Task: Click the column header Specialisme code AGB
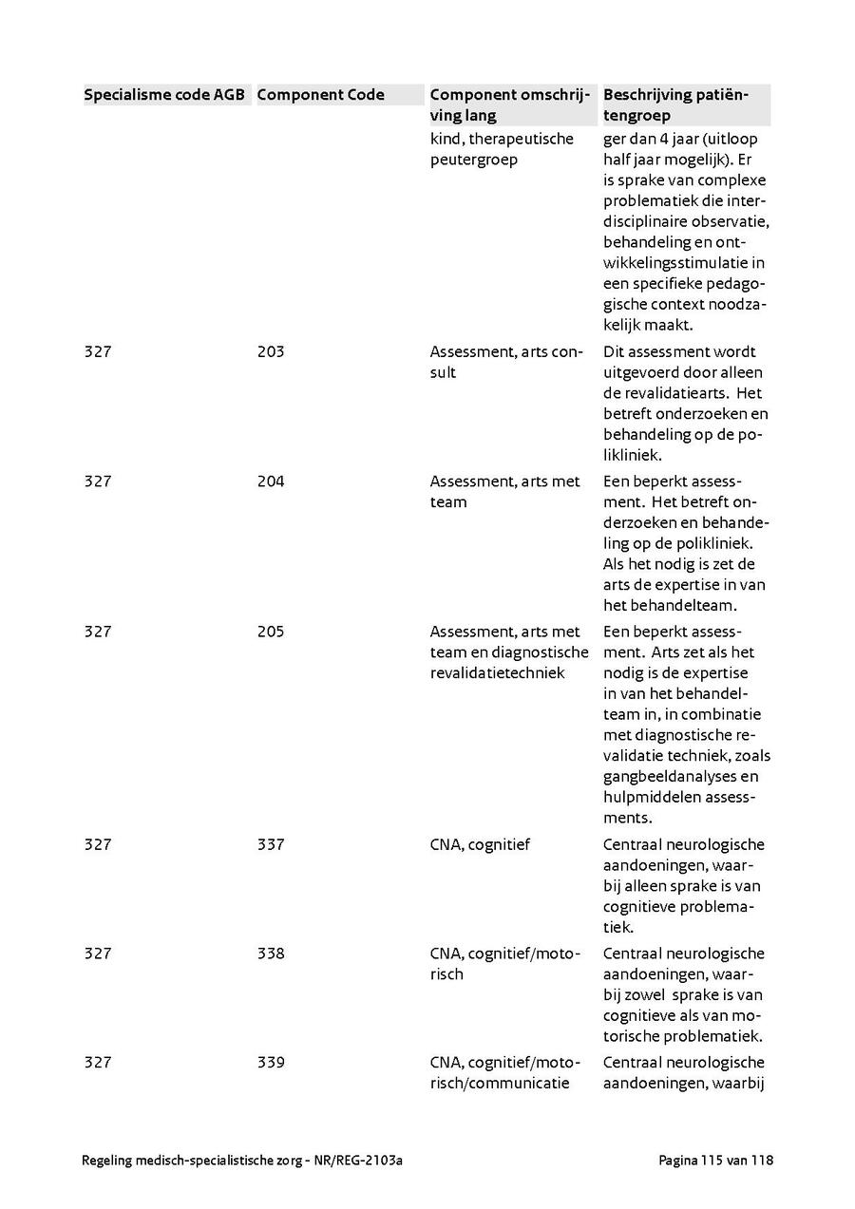click(164, 94)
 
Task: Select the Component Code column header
click(320, 94)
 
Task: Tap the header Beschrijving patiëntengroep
click(675, 104)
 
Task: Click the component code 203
click(270, 351)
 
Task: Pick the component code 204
click(270, 482)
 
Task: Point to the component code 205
click(270, 632)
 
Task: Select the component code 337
click(270, 844)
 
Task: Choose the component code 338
click(270, 954)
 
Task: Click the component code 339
click(270, 1062)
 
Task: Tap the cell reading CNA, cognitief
click(480, 844)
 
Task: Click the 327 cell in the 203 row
click(97, 351)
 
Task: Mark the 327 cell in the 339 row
click(97, 1062)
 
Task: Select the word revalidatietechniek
click(497, 673)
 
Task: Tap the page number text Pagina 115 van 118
click(715, 1161)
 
